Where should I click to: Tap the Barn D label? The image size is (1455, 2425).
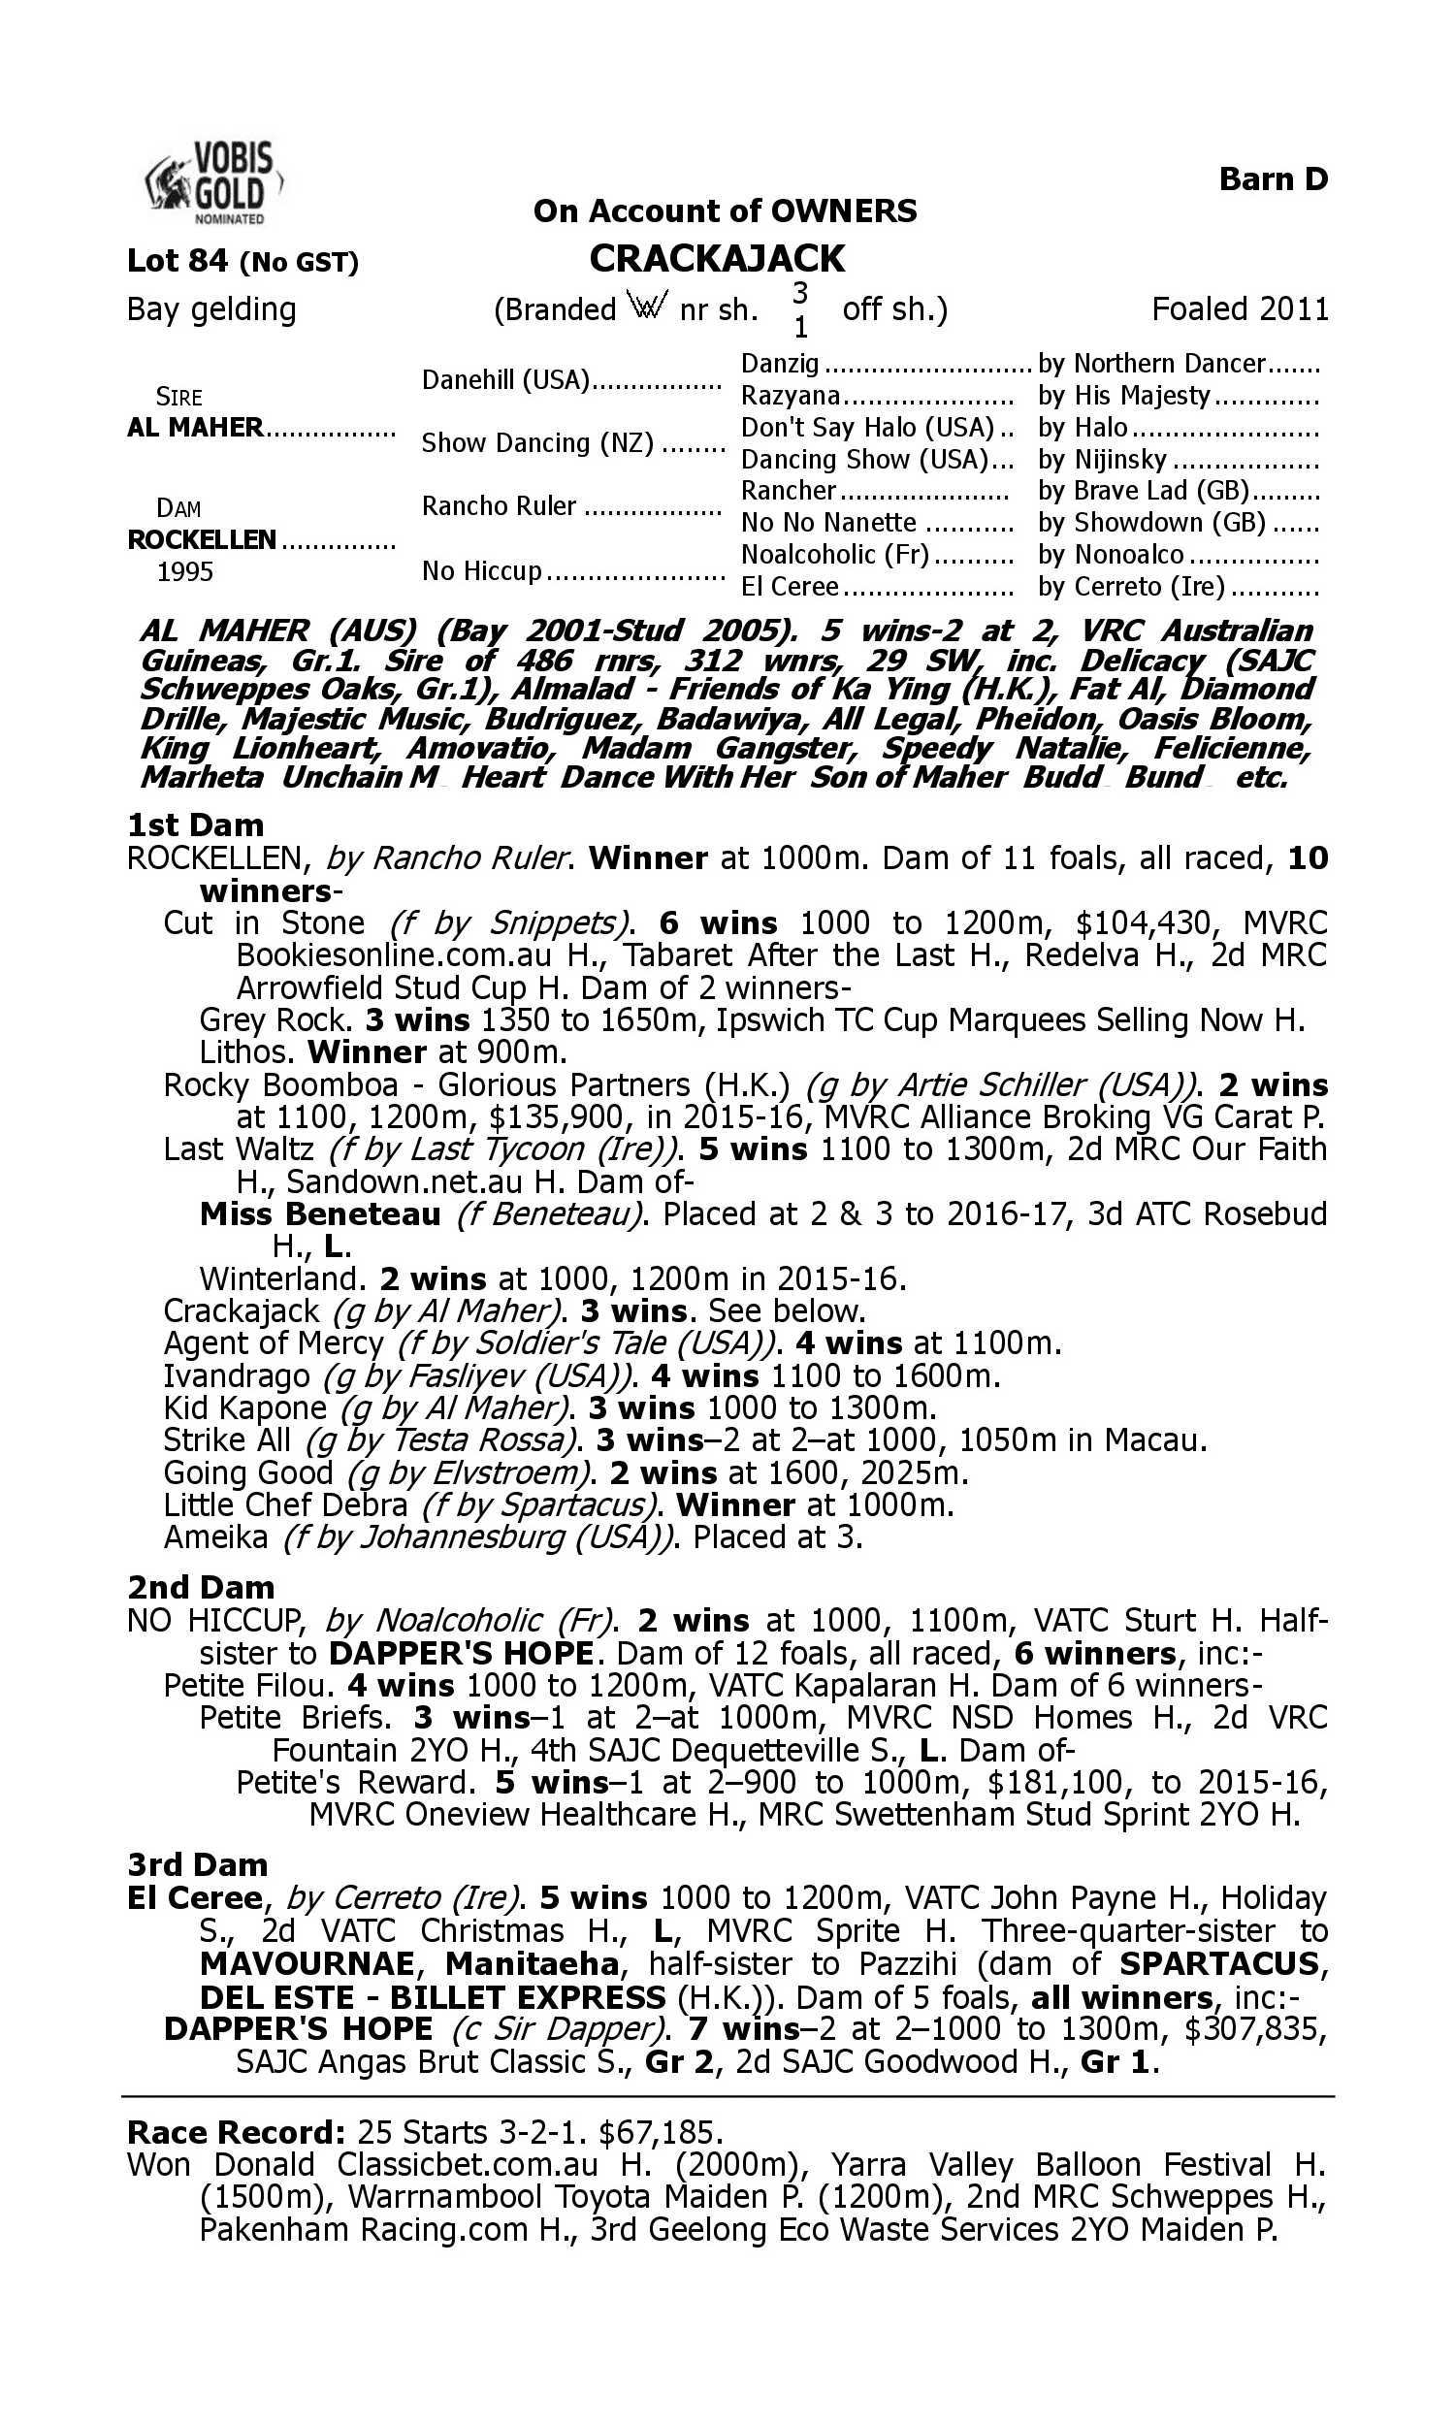1273,179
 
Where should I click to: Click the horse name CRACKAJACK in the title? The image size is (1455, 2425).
717,259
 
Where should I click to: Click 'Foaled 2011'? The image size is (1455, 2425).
1240,308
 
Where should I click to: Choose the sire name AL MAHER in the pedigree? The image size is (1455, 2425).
195,428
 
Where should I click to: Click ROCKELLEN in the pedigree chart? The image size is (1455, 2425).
201,540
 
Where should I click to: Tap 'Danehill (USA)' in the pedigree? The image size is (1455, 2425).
505,380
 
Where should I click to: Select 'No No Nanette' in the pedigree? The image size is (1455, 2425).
828,523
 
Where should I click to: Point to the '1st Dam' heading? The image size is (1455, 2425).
195,825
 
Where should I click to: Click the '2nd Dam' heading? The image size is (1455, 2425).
201,1587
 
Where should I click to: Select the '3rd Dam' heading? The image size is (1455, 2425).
198,1864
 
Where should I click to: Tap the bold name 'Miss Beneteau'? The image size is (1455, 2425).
320,1214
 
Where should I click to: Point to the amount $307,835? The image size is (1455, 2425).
1255,2028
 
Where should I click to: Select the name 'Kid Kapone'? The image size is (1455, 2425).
244,1408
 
